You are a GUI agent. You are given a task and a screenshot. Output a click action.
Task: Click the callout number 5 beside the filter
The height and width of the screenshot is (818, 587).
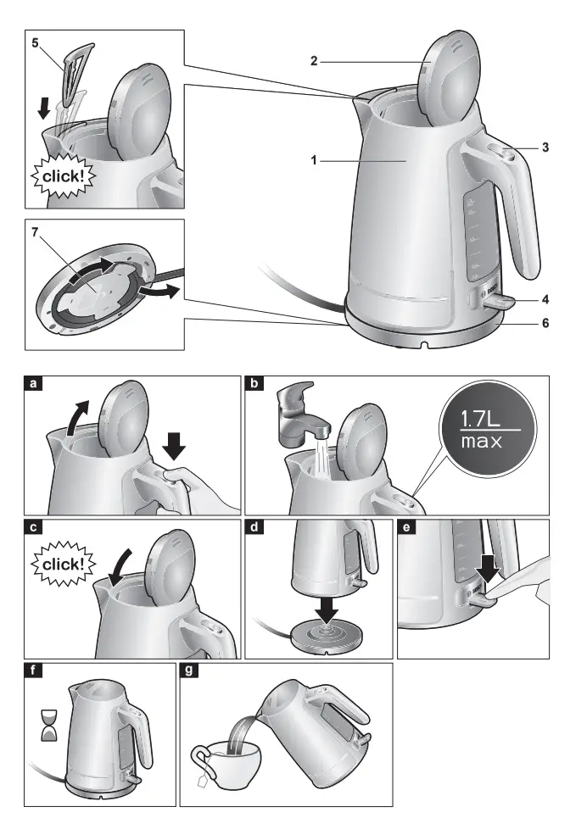(x=35, y=42)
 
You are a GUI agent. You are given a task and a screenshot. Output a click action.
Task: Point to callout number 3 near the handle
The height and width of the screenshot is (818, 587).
(x=545, y=147)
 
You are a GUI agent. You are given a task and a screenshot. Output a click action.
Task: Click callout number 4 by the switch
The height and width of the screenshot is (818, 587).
(x=545, y=299)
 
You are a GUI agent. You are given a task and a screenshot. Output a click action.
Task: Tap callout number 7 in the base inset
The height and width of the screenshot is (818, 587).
(x=35, y=231)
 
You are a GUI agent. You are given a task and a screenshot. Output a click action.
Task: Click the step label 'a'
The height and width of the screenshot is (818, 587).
(x=34, y=384)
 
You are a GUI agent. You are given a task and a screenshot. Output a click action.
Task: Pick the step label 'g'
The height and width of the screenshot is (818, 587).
(x=189, y=671)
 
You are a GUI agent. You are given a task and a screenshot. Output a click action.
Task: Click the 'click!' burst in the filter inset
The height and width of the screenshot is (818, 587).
(x=64, y=177)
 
